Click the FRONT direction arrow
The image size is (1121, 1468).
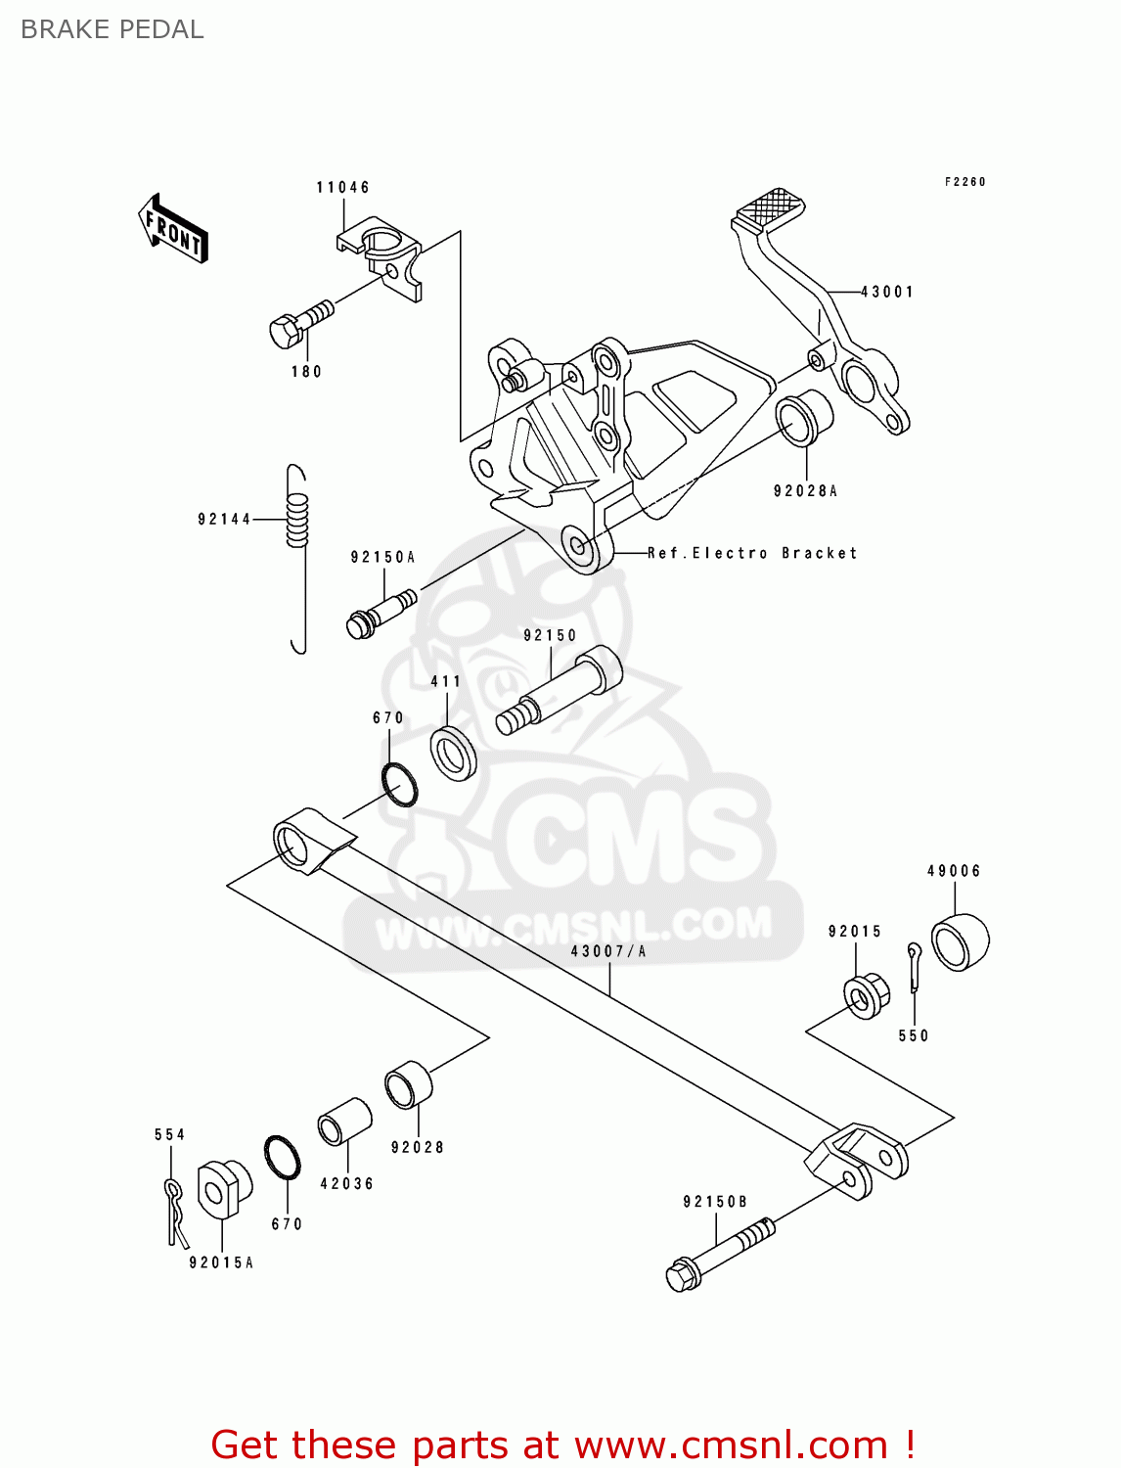point(174,229)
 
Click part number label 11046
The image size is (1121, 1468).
point(342,187)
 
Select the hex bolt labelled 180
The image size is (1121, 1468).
point(298,325)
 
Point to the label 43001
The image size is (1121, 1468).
point(887,292)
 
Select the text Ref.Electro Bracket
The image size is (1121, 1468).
point(752,553)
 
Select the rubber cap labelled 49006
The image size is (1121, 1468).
point(959,940)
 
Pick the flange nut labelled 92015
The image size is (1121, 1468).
point(866,996)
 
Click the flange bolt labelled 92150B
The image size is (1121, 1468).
point(719,1253)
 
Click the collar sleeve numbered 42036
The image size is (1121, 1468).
point(344,1122)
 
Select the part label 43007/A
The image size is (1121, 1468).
point(607,951)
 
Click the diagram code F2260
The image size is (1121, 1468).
point(964,182)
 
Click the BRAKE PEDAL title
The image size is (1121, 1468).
point(112,29)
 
